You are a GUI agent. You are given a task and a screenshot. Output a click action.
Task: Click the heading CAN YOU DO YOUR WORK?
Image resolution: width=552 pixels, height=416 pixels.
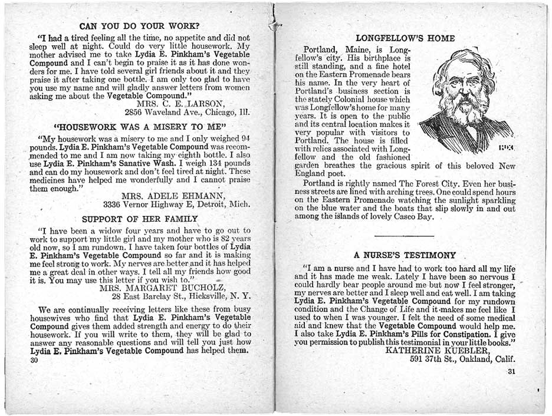point(139,26)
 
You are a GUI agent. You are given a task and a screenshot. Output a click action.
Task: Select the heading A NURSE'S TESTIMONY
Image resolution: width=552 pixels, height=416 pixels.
point(405,255)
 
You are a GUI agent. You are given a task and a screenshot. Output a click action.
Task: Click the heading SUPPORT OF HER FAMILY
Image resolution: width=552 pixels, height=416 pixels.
point(140,219)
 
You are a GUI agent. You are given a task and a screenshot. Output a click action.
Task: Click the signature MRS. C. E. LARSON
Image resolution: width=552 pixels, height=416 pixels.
point(177,105)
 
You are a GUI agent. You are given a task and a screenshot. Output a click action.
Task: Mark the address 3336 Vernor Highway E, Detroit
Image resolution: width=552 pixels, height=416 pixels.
point(176,205)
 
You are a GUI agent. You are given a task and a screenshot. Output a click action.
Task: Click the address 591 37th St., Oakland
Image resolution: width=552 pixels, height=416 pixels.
point(462,359)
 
